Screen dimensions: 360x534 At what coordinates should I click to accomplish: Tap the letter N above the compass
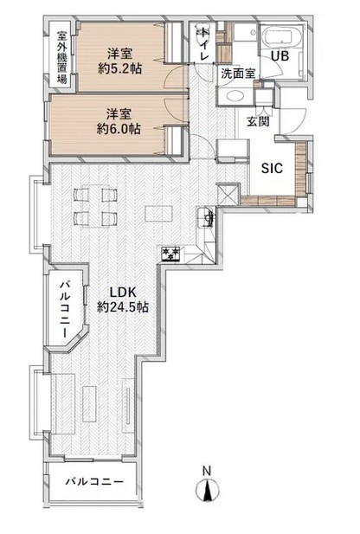coord(207,471)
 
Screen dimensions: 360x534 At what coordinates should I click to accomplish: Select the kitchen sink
coord(206,217)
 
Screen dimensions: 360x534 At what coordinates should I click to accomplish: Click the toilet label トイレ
coord(203,43)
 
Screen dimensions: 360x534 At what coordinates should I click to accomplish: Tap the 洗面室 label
coord(238,74)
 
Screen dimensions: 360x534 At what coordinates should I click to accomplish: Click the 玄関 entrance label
coord(258,121)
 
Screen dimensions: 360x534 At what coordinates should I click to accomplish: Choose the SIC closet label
coord(272,168)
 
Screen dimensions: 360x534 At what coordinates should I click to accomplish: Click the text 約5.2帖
coord(119,69)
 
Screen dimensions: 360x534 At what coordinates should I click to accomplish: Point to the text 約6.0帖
coord(119,129)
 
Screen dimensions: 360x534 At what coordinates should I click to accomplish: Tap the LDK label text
coord(123,293)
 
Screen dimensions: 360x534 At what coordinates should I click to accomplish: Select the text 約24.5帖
coord(123,307)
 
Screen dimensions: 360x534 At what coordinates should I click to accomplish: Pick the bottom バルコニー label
coord(94,482)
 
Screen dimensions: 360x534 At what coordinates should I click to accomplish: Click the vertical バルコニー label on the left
coord(66,309)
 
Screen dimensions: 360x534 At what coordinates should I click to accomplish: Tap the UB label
coord(280,56)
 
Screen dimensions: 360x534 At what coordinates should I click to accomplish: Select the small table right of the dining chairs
coord(157,215)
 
